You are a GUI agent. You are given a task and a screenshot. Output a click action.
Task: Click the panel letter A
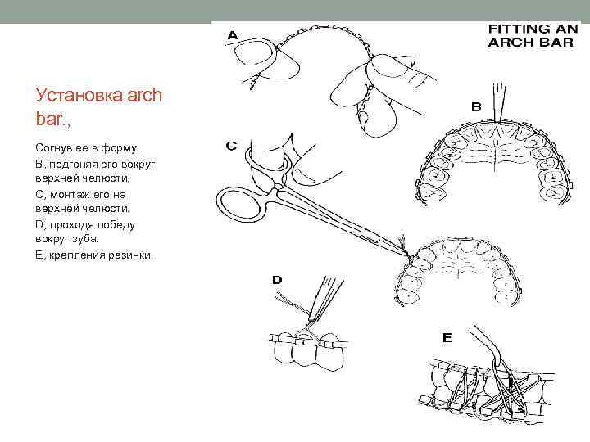(233, 35)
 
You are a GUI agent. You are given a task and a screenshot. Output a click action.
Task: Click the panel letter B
(474, 106)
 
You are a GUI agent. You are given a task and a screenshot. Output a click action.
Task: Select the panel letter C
(233, 147)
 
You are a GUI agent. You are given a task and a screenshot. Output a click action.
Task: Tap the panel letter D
(277, 280)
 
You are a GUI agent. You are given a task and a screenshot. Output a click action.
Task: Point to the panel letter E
(447, 336)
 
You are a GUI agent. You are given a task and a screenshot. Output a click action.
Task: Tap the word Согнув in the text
(56, 150)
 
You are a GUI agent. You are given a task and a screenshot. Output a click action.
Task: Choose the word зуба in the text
(83, 239)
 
